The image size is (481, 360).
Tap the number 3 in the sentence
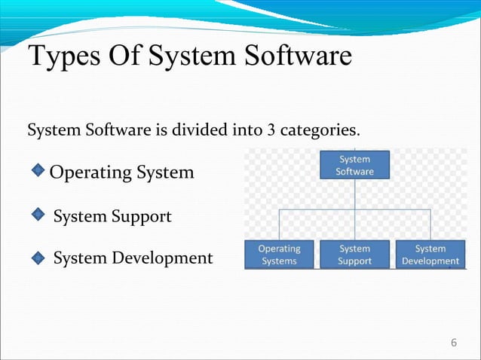click(271, 131)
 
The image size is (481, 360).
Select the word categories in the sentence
click(319, 131)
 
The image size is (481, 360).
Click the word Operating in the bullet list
click(90, 173)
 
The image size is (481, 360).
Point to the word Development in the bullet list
click(163, 258)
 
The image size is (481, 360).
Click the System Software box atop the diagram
click(354, 165)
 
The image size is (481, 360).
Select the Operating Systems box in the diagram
click(279, 255)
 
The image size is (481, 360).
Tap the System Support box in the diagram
click(354, 255)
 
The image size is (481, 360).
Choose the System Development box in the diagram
click(430, 255)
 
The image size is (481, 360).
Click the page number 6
click(453, 343)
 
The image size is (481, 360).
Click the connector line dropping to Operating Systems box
click(279, 224)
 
